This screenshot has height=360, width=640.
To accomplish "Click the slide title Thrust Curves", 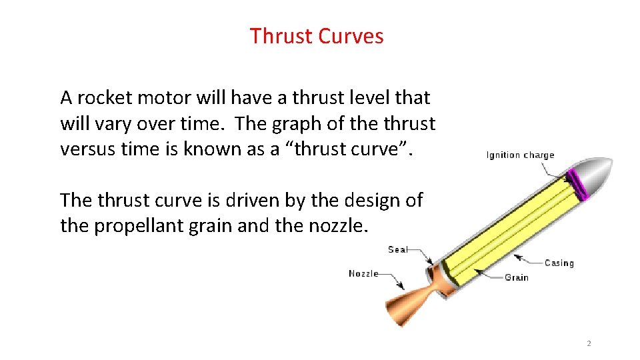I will pyautogui.click(x=317, y=36).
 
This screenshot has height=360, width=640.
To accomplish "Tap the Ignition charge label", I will pyautogui.click(x=520, y=155).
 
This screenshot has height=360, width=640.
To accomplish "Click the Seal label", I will pyautogui.click(x=398, y=250).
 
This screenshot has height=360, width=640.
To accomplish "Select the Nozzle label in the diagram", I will pyautogui.click(x=363, y=273).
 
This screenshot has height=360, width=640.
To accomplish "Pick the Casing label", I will pyautogui.click(x=559, y=263).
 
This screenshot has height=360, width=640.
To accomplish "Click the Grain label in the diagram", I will pyautogui.click(x=516, y=277).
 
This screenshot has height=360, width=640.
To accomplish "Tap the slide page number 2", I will pyautogui.click(x=589, y=343).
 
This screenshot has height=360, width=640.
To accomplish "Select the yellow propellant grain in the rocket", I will pyautogui.click(x=507, y=227).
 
